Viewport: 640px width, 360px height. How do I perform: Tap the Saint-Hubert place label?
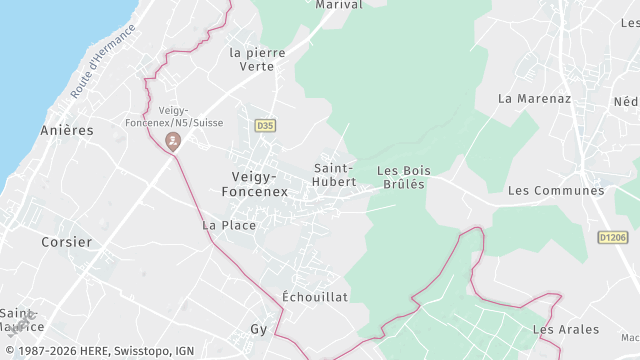(x=334, y=174)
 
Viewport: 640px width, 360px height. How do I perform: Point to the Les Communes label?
(x=556, y=190)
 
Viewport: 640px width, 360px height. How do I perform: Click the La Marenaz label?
(x=533, y=98)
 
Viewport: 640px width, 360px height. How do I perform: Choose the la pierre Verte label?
(x=257, y=59)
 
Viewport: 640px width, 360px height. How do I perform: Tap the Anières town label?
(x=66, y=130)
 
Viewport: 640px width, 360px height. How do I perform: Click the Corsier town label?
(x=67, y=242)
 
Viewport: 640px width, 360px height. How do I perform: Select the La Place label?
(x=229, y=225)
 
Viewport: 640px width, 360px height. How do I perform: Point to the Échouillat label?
(x=315, y=297)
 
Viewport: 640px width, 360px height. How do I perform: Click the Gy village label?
(x=259, y=328)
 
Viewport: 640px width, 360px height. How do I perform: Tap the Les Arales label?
(x=566, y=329)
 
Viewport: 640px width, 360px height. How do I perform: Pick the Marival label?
(x=338, y=5)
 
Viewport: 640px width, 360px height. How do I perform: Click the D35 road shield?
(x=264, y=125)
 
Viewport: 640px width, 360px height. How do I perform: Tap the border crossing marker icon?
(x=174, y=141)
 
